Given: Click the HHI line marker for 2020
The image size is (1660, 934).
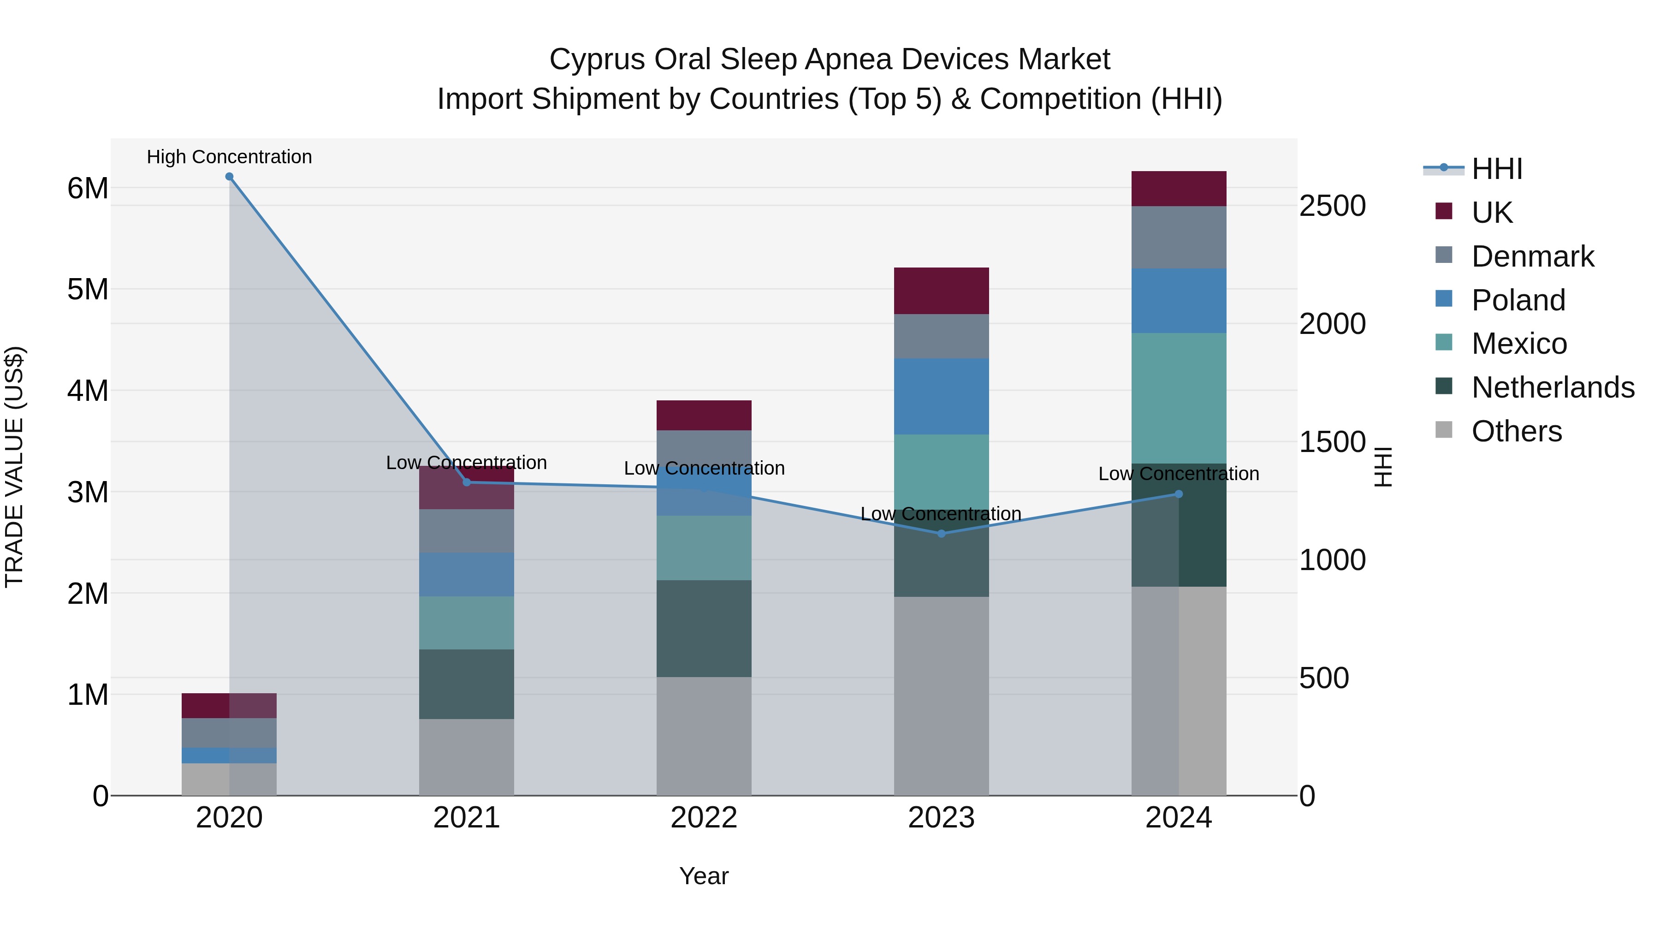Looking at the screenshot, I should tap(230, 177).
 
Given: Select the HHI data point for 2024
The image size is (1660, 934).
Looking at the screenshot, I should tap(1179, 494).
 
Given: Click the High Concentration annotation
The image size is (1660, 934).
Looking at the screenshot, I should tap(230, 157).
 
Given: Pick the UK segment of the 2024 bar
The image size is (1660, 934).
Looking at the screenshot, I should tap(1179, 189).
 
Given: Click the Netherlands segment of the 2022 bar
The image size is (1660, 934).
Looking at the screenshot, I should tap(704, 629).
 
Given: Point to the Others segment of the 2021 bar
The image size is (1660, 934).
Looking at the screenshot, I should tap(467, 757).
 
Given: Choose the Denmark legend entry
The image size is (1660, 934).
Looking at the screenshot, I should tap(1532, 256).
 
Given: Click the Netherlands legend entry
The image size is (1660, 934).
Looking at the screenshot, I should tap(1553, 387).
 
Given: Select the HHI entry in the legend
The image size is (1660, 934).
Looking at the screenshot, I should tap(1496, 169).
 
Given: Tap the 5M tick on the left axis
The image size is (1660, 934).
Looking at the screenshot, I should tap(88, 289).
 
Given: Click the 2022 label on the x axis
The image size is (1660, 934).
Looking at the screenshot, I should tap(704, 818).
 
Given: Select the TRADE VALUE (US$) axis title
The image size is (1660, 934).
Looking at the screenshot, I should tap(15, 467).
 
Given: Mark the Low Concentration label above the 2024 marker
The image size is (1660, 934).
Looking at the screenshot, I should tap(1179, 474).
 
